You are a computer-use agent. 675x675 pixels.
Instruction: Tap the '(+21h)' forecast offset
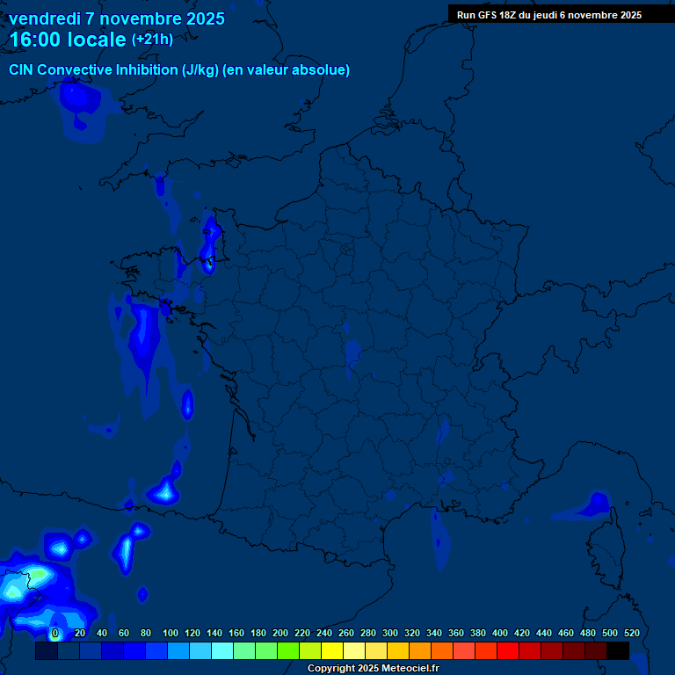click(x=152, y=40)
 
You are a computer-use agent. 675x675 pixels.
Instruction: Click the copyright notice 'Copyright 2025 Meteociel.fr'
click(x=373, y=669)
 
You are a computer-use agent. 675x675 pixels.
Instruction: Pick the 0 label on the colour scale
click(x=55, y=633)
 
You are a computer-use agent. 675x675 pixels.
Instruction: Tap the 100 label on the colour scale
click(x=171, y=633)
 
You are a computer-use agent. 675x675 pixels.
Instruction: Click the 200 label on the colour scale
click(x=280, y=633)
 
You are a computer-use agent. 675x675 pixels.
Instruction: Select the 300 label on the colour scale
click(x=390, y=633)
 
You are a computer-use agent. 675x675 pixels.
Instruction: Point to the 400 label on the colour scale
click(x=500, y=633)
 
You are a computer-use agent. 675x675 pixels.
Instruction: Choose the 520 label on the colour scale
click(x=631, y=633)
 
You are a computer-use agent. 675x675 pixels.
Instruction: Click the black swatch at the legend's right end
click(x=618, y=651)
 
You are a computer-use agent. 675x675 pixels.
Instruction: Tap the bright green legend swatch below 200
click(x=288, y=651)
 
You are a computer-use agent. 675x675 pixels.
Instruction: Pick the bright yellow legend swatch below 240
click(x=332, y=651)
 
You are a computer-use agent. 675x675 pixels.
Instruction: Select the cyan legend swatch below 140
click(x=222, y=651)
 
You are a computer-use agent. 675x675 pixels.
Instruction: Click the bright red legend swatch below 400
click(x=508, y=651)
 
